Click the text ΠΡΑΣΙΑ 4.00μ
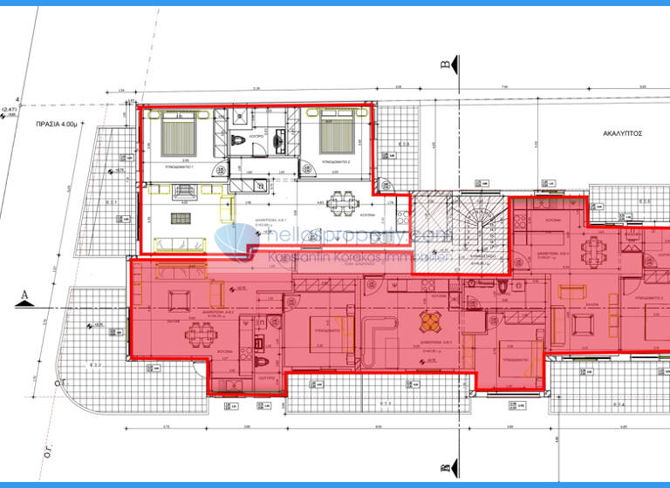[53, 124]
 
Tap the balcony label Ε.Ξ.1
[112, 202]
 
